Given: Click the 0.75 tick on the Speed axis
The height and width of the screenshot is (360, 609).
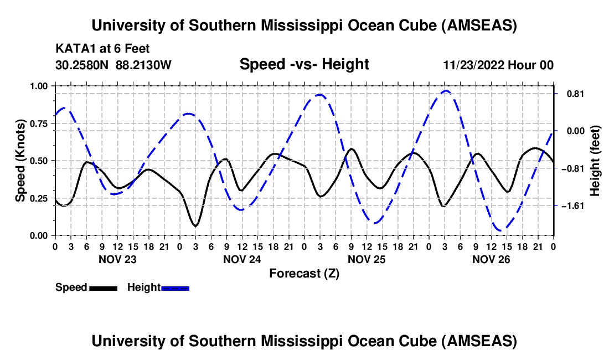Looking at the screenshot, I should [38, 123].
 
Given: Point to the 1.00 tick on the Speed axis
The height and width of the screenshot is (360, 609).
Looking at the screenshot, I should [38, 86].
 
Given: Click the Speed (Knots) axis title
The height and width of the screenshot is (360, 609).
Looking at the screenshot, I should [20, 161].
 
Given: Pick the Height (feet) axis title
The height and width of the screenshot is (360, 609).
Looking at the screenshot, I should [595, 161].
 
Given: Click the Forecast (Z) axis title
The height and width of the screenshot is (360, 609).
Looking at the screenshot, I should [304, 273].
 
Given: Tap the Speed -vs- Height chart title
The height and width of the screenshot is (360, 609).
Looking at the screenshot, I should [304, 65].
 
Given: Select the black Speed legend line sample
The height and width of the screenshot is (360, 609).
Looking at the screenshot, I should [103, 287].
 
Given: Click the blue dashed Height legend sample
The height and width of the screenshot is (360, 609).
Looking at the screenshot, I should [175, 287].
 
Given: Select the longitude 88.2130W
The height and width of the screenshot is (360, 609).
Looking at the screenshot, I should [144, 65].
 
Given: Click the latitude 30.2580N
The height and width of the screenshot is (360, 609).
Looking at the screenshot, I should [83, 65].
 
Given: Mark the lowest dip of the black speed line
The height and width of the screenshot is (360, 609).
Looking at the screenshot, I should [195, 226].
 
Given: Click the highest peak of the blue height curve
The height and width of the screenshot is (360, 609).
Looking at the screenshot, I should [446, 90].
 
